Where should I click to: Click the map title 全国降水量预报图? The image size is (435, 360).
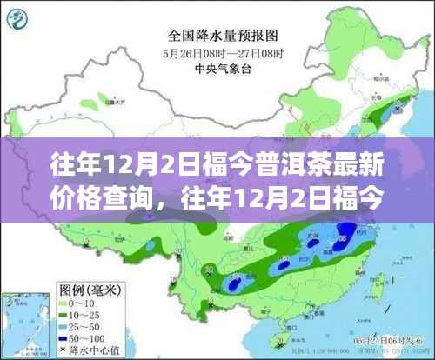click(217, 37)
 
